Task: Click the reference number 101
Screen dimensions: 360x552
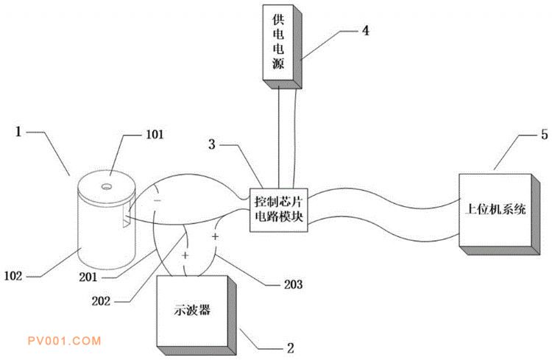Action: coord(155,135)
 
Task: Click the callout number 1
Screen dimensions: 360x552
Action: coord(18,133)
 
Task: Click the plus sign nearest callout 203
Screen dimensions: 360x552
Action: coord(216,238)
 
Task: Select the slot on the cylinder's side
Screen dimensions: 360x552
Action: coord(128,218)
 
